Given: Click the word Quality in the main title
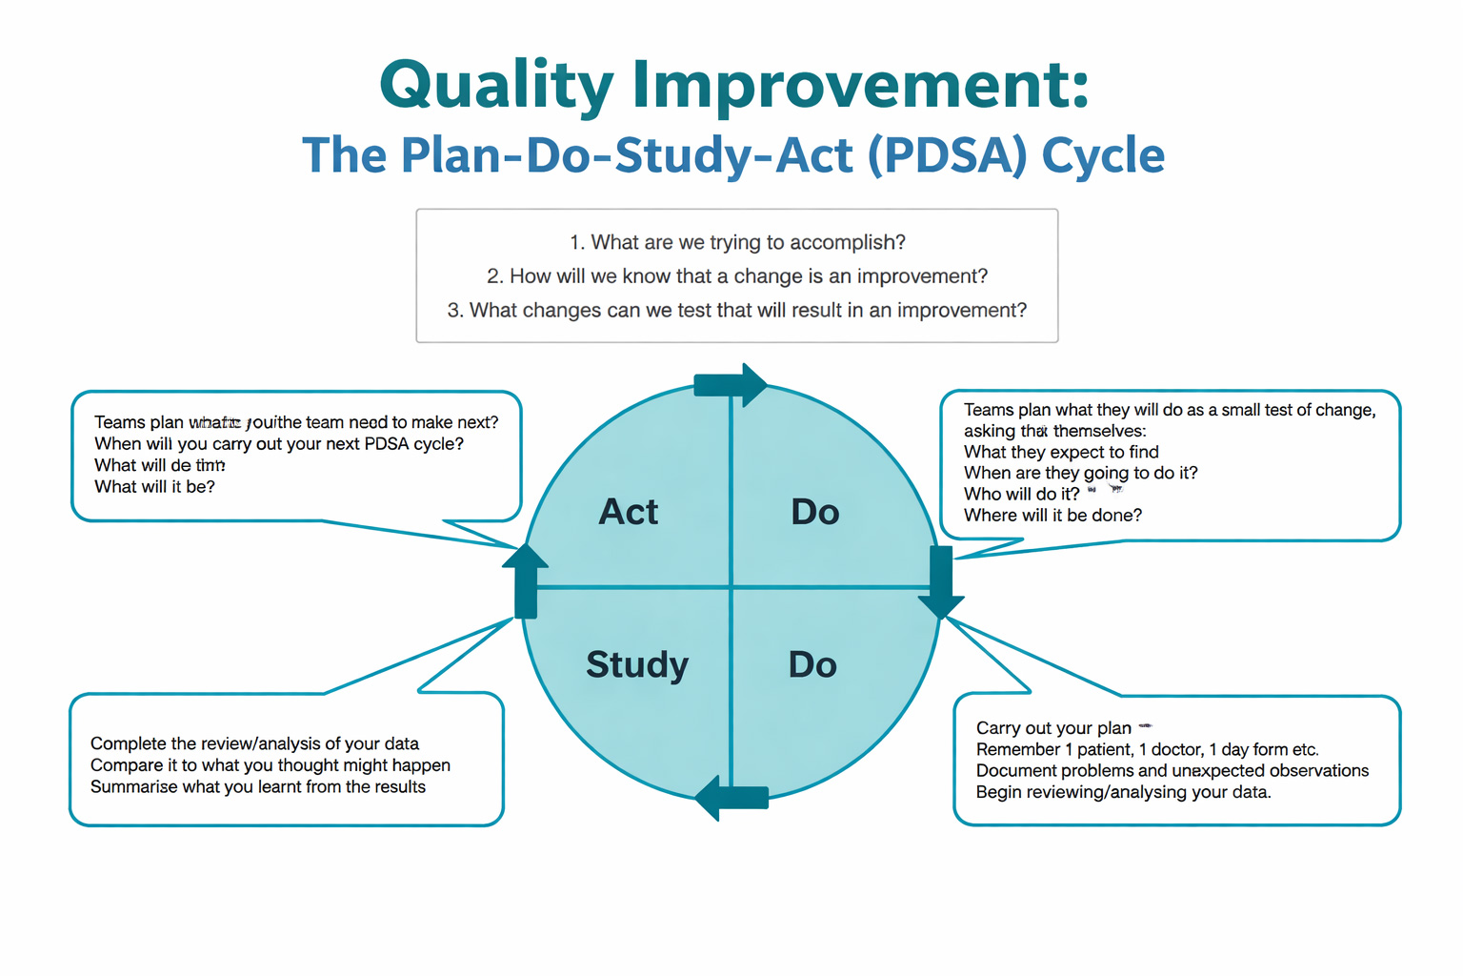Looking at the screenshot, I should pos(496,86).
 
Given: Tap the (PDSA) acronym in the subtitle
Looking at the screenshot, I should pos(948,155).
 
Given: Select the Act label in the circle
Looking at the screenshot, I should pos(628,512).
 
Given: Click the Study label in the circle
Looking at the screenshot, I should pos(636,664).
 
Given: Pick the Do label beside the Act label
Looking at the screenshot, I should pos(814,512).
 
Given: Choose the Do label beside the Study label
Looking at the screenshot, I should pos(812,664).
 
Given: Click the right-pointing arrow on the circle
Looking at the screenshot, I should pos(731,385).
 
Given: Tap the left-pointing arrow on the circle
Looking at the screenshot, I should pos(731,798).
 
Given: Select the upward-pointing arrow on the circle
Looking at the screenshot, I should pos(525,581).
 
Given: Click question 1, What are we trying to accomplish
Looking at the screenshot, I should pos(737,242).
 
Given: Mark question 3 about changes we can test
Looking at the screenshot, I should pos(737,311).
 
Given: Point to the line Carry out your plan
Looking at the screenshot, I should pos(1053,728).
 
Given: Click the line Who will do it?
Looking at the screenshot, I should pos(1021,494).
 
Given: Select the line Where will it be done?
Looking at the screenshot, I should pos(1052,516).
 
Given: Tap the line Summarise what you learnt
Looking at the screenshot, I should pos(257,787).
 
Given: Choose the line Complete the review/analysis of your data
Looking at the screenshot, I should pos(254,743).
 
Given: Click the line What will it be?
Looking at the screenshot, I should pos(154,487).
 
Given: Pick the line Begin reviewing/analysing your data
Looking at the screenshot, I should pos(1123,792).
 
